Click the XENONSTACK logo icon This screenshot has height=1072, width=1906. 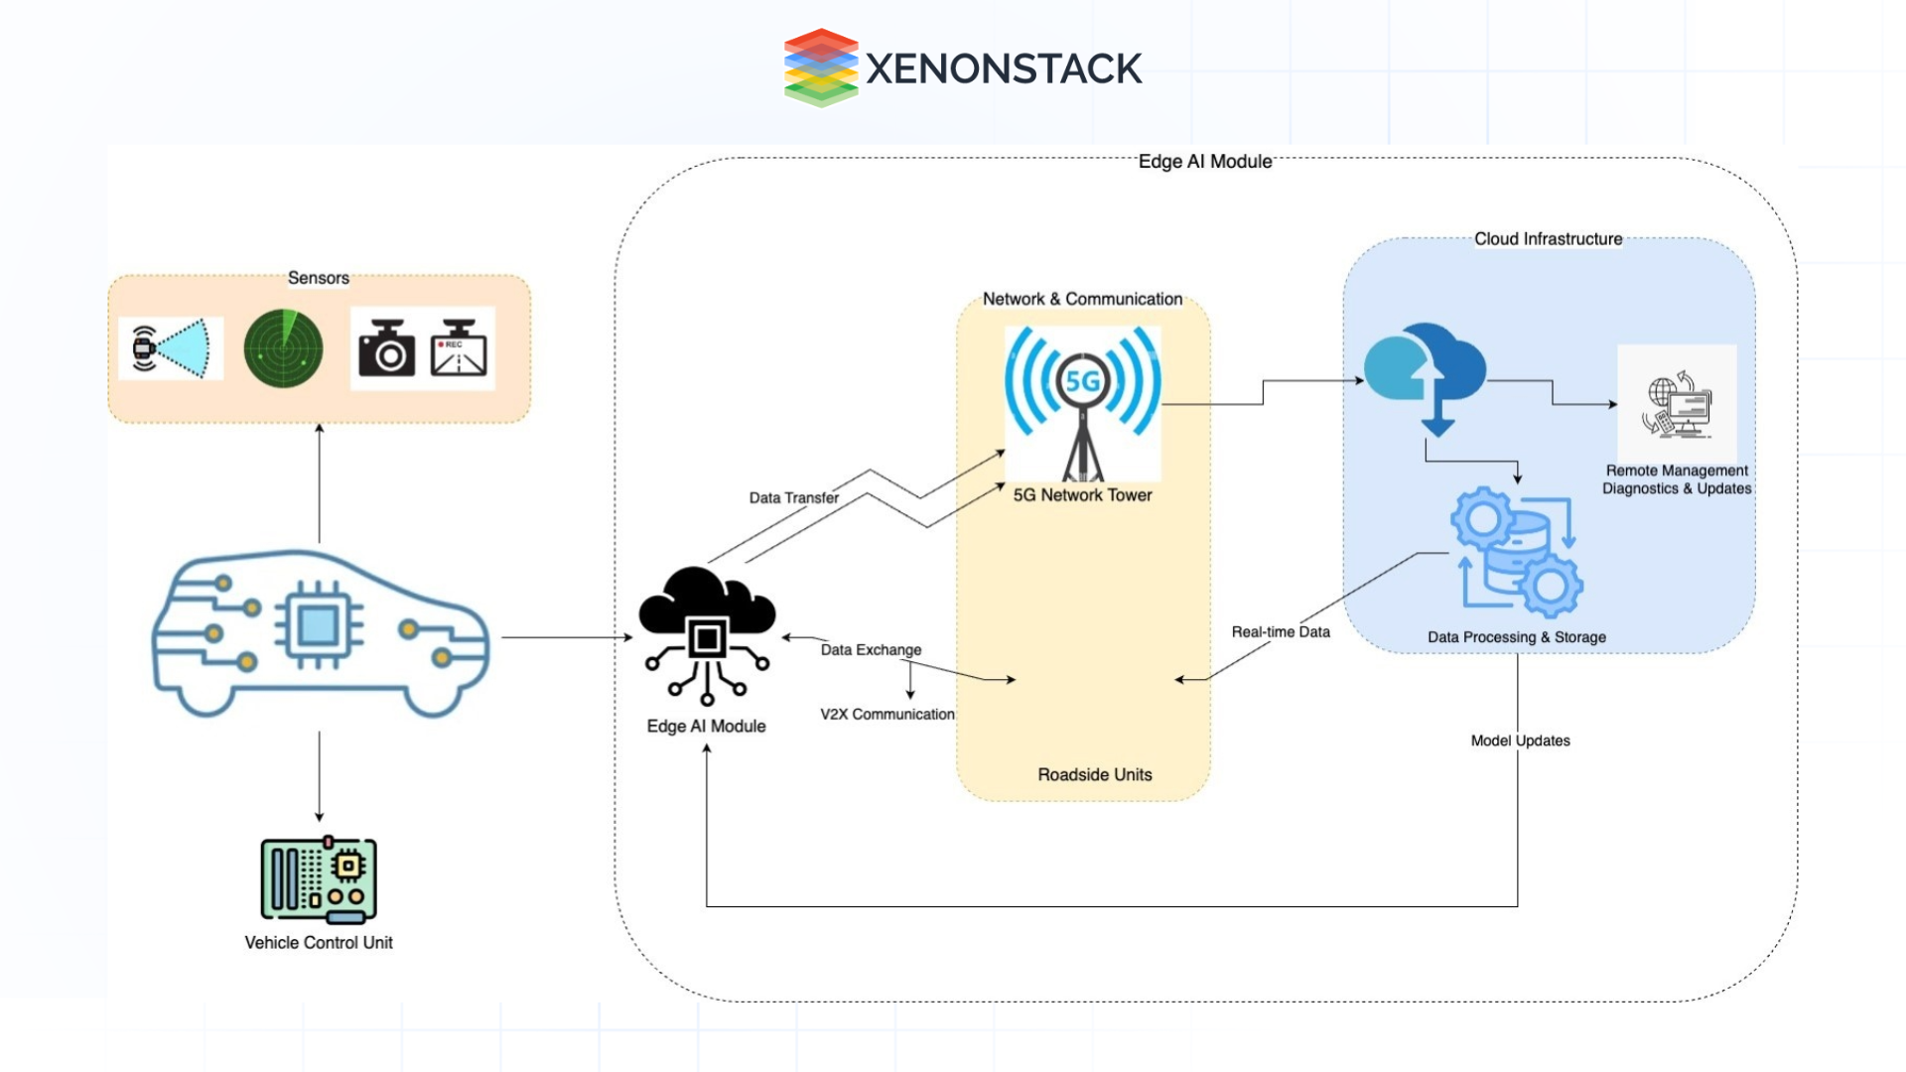tap(820, 67)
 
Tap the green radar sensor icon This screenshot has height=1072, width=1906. tap(283, 348)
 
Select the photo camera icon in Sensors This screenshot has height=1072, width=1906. tap(386, 348)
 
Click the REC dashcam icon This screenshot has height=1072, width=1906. tap(459, 348)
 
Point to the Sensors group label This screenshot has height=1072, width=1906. tap(318, 278)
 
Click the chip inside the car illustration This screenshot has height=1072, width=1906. tap(318, 625)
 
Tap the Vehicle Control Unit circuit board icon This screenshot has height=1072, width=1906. tap(319, 879)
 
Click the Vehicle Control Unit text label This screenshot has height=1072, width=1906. tap(319, 942)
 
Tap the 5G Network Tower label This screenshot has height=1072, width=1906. tap(1082, 494)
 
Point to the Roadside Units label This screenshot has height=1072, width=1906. tap(1094, 774)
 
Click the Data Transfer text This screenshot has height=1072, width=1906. tap(793, 497)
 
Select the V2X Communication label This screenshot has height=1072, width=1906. tap(886, 714)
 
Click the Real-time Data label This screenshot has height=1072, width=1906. tap(1280, 631)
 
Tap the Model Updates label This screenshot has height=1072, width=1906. tap(1520, 740)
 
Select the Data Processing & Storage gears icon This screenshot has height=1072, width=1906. tap(1517, 552)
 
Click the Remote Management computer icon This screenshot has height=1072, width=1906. tap(1677, 405)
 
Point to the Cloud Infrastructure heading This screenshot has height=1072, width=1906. tap(1548, 239)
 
